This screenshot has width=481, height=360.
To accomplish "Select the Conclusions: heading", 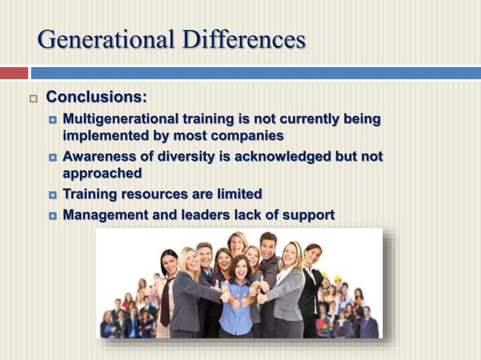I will (97, 97).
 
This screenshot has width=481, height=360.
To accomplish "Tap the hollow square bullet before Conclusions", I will (32, 99).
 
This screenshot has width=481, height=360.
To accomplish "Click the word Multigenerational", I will (121, 119).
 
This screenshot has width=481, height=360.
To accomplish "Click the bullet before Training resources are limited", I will (53, 194).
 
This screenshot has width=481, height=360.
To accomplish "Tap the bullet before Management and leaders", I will (53, 215).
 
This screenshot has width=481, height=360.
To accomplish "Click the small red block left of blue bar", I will (14, 73).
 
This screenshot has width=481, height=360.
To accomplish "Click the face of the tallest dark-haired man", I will (268, 244).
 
